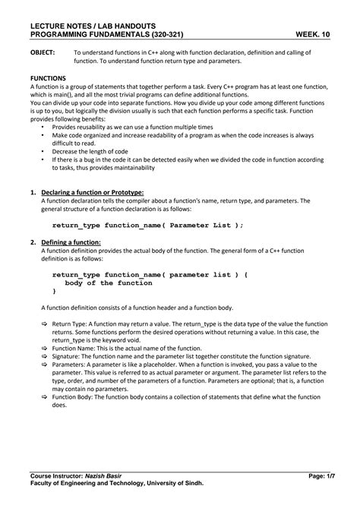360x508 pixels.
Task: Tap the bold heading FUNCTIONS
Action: pyautogui.click(x=47, y=78)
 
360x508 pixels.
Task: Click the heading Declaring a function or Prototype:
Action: pyautogui.click(x=92, y=193)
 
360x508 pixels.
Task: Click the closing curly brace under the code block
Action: pyautogui.click(x=54, y=291)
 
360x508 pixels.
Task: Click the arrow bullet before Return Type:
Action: pyautogui.click(x=44, y=323)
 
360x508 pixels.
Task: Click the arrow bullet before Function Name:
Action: pyautogui.click(x=44, y=348)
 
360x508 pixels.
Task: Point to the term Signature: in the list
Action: pyautogui.click(x=68, y=356)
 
